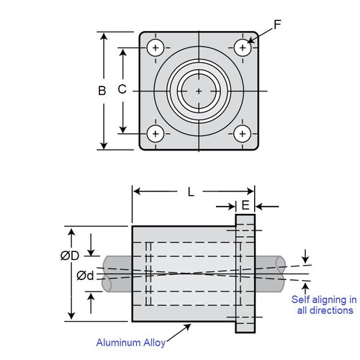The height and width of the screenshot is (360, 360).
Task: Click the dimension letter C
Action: [x=122, y=90]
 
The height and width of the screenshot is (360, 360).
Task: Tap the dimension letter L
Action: [x=191, y=192]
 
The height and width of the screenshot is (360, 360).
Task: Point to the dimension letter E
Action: [x=246, y=205]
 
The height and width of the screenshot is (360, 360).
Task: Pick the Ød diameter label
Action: [x=85, y=274]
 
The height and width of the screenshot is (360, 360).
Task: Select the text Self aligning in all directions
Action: [x=323, y=305]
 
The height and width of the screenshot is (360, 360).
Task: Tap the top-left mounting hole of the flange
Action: [x=155, y=48]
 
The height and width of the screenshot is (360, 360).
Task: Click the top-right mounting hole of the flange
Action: [x=243, y=48]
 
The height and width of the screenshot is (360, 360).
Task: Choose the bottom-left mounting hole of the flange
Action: [x=155, y=133]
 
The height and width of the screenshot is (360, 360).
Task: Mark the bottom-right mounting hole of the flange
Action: [x=243, y=133]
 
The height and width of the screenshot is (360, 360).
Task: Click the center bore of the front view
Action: [x=199, y=91]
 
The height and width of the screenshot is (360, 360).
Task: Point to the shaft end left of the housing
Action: [x=117, y=274]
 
